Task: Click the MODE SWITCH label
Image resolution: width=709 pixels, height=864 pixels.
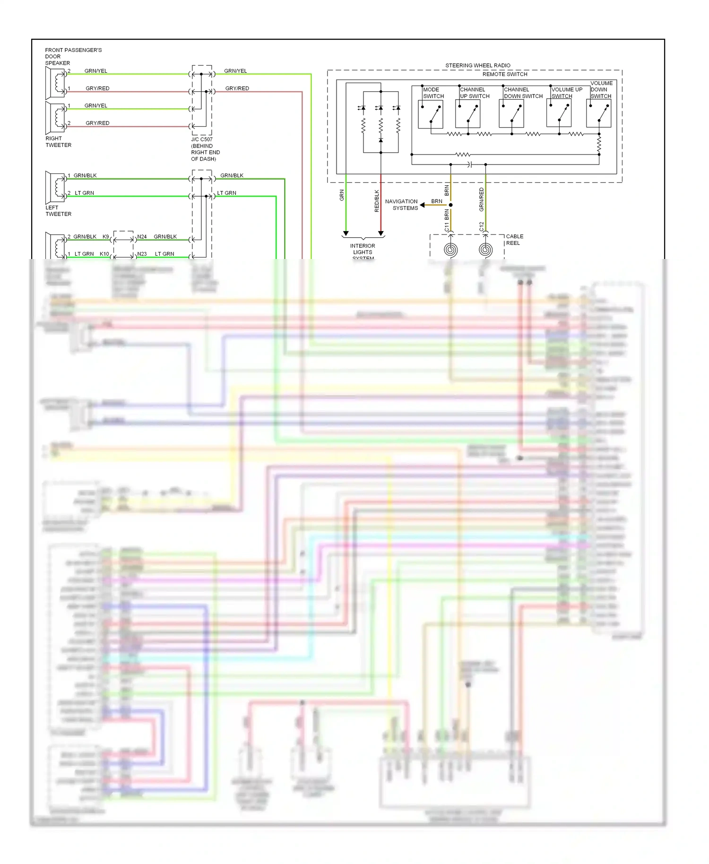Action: (433, 93)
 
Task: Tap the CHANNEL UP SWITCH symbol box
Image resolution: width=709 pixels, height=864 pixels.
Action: (467, 114)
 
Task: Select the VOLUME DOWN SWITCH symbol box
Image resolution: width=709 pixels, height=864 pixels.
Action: (598, 114)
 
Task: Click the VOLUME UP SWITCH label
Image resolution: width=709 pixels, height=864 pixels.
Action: (566, 93)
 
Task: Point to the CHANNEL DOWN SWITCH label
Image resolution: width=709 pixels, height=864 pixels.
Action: (523, 93)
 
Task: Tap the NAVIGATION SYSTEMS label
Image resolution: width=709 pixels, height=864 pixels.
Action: (401, 205)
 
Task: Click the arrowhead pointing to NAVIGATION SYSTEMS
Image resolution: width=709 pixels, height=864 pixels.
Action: (422, 205)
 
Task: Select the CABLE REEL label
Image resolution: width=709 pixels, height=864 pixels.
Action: (514, 240)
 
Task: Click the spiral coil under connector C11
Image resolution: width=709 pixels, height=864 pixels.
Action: (450, 249)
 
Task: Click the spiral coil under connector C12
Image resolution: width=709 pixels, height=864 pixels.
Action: (485, 249)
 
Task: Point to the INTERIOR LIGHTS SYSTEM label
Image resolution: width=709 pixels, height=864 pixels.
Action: (363, 251)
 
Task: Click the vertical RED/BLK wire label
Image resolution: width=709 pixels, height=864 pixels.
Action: (377, 200)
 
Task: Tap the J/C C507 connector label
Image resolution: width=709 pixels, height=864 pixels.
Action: (205, 149)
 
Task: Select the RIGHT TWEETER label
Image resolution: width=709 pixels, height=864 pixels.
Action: (58, 142)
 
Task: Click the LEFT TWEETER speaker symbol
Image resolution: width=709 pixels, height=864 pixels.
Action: (55, 187)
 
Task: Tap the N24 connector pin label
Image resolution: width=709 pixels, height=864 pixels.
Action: (142, 237)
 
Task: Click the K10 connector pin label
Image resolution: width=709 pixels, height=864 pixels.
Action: (104, 254)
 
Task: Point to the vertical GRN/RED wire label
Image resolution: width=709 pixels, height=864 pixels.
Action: (481, 199)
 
